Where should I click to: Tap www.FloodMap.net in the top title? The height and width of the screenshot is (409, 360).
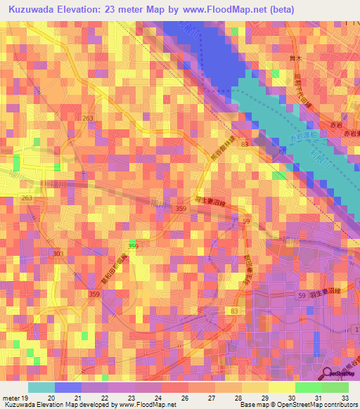point(222,9)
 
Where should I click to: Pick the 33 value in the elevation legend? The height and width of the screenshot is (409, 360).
point(345,398)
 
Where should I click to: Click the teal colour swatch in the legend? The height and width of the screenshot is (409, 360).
point(41,387)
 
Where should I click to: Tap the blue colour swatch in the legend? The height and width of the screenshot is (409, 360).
point(68,387)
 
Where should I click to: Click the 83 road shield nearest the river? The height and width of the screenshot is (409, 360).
point(245,144)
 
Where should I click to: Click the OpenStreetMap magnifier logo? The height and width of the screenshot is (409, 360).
point(329,375)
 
